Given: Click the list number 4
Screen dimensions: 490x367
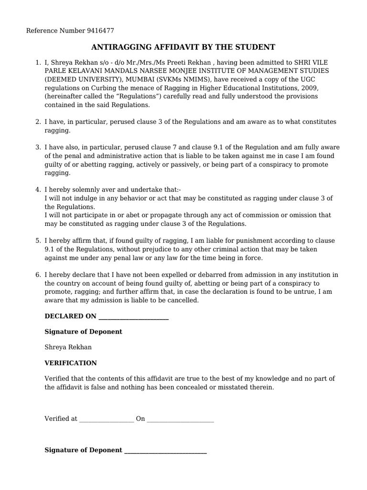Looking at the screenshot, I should (38, 189).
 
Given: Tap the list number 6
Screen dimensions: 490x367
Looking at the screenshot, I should (38, 275).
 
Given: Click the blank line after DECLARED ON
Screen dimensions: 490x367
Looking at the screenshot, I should (133, 317).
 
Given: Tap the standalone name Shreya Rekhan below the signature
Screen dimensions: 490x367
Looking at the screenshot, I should (68, 347).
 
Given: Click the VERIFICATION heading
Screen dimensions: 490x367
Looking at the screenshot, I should (70, 363).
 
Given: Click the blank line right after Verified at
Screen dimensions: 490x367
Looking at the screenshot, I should (107, 419).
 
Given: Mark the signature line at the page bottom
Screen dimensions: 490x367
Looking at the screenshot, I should (165, 451).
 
